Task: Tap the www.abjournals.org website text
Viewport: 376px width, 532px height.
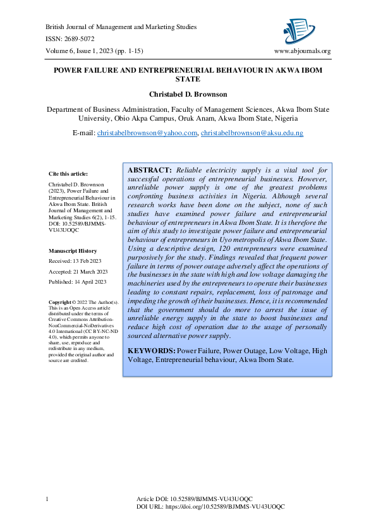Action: [302, 51]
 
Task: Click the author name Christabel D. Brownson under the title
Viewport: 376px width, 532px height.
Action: [188, 94]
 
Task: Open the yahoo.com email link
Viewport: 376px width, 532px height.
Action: [147, 133]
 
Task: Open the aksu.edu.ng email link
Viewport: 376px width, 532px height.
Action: [252, 133]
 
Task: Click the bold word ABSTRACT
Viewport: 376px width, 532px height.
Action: [150, 171]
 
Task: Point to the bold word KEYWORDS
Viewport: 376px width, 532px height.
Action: [152, 350]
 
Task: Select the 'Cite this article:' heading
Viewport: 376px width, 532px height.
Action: [68, 174]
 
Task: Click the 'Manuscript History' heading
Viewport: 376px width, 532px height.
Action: [73, 251]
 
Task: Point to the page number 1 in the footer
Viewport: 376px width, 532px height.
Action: [47, 500]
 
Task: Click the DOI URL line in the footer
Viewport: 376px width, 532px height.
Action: [210, 507]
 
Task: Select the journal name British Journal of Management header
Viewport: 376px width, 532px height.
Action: [121, 27]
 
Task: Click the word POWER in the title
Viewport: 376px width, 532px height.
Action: [68, 71]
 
